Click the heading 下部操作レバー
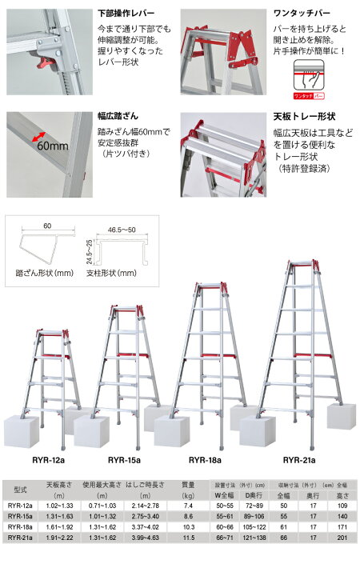(126, 14)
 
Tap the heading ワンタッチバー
(302, 14)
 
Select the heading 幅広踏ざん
(118, 116)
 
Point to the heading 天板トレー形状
(304, 117)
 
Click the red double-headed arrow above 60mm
(38, 136)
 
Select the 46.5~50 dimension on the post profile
(122, 230)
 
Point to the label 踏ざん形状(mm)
(45, 273)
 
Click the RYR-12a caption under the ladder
(48, 460)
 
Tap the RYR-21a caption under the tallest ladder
(299, 460)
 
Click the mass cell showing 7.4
(188, 506)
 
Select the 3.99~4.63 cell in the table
(145, 538)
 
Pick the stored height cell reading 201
(342, 538)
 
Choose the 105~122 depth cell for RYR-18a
(254, 526)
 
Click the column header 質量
(188, 485)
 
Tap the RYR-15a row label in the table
(20, 516)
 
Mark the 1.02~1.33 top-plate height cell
(59, 506)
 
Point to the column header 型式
(20, 490)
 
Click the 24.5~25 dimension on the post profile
(90, 252)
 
